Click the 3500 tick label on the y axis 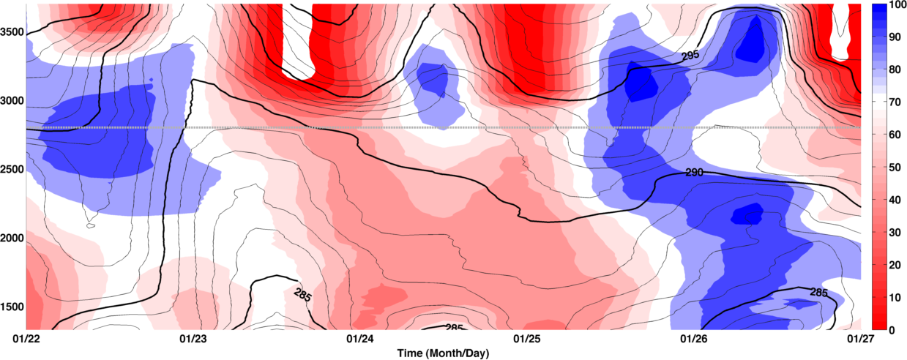(12, 32)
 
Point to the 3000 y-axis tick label (12, 101)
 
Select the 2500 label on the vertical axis (12, 169)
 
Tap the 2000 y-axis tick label (12, 238)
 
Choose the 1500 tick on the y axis (12, 307)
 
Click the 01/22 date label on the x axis (26, 339)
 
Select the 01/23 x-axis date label (193, 339)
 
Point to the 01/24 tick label (360, 339)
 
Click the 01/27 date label (860, 339)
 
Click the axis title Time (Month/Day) (443, 353)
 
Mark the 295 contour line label (690, 55)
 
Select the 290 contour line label (694, 173)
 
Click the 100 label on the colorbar (896, 5)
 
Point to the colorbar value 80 (894, 70)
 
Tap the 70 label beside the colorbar (894, 102)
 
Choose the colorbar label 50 (894, 168)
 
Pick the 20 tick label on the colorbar (894, 265)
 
